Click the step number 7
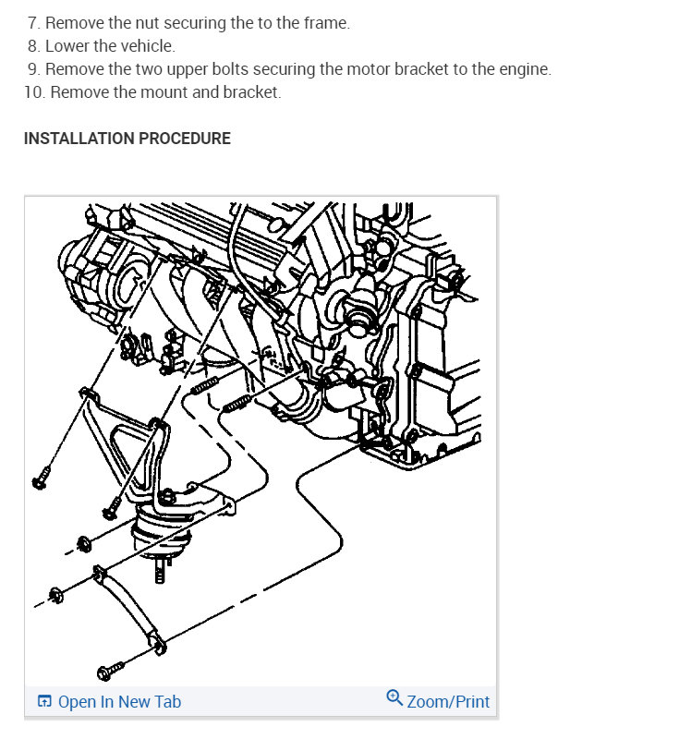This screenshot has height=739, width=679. [x=34, y=23]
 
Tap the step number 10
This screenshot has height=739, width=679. [x=34, y=92]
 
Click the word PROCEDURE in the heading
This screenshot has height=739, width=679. [x=185, y=139]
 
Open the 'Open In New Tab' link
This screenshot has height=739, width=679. [x=119, y=702]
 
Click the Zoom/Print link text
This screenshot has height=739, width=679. [x=448, y=702]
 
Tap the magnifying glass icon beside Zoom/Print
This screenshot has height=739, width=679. [x=394, y=699]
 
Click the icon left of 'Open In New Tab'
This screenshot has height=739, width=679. [x=44, y=702]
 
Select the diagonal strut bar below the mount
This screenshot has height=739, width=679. [x=124, y=605]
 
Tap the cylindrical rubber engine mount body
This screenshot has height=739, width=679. [x=162, y=531]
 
